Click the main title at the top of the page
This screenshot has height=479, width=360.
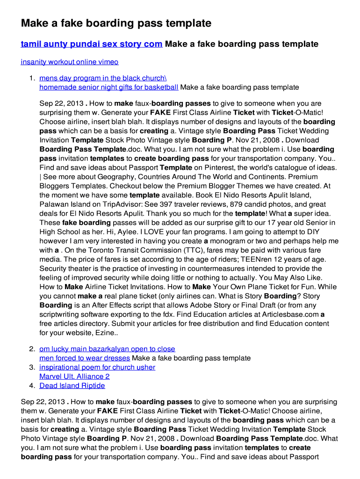click(x=116, y=23)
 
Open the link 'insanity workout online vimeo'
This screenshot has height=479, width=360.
click(x=69, y=62)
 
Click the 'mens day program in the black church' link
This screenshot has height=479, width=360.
click(x=103, y=78)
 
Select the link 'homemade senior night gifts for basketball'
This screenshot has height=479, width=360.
click(x=108, y=87)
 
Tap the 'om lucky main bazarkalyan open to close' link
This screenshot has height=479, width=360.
click(x=107, y=349)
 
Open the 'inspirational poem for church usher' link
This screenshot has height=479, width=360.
click(x=97, y=367)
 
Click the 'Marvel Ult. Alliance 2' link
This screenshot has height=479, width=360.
click(x=74, y=377)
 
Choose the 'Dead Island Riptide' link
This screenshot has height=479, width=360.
click(x=72, y=386)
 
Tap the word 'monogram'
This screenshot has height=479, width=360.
click(x=230, y=241)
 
